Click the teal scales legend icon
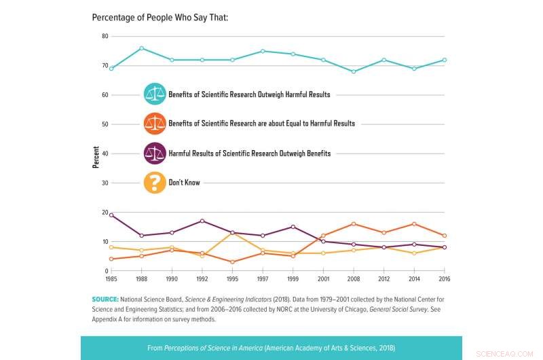click(x=155, y=94)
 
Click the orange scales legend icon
click(x=155, y=124)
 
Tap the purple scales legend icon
click(x=155, y=154)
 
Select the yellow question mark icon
click(x=155, y=183)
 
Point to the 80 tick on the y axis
click(x=105, y=36)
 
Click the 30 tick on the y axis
click(x=105, y=183)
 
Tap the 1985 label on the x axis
click(x=111, y=279)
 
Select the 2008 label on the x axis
click(x=354, y=279)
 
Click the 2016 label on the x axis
click(x=445, y=279)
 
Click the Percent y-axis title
click(x=96, y=157)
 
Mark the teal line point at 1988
click(x=141, y=48)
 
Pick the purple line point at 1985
click(x=111, y=215)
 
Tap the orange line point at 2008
click(x=354, y=223)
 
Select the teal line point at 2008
click(x=354, y=71)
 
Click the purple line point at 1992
click(x=202, y=221)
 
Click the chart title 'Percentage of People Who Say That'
click(x=160, y=16)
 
